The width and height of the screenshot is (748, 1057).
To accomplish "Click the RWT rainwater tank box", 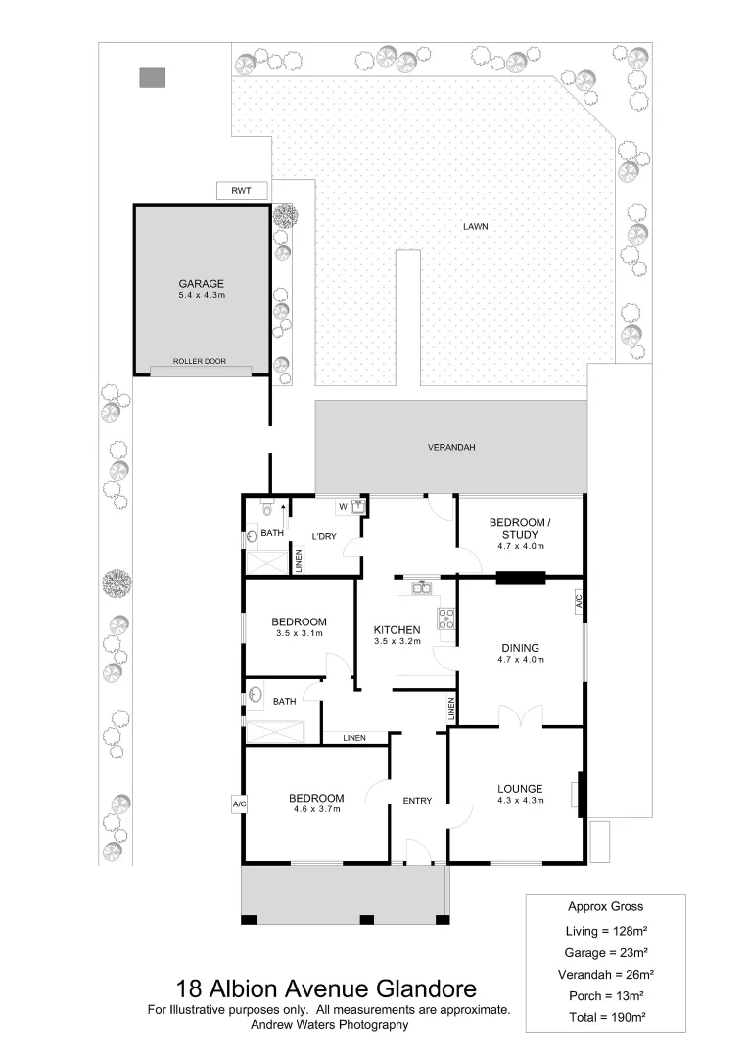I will pos(241,191).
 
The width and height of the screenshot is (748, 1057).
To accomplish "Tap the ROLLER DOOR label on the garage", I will pos(200,362).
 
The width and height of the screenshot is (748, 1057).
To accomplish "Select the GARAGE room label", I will pos(201,284).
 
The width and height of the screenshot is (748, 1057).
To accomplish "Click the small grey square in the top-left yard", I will pos(152,77).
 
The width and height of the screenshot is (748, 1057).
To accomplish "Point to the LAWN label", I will pos(475,227).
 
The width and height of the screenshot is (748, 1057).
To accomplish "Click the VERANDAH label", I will pos(451,447).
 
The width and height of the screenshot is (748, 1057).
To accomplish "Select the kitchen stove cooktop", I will pos(446,617).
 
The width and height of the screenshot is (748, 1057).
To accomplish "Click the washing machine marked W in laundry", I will pos(343,506).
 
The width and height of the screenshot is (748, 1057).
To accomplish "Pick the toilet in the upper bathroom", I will pos(266,509).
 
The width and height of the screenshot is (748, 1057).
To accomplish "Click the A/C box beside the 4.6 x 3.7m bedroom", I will pos(238,804).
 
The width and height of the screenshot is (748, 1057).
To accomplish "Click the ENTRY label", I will pos(417,801).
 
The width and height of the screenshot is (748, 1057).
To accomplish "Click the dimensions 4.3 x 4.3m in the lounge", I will pos(520,801).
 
